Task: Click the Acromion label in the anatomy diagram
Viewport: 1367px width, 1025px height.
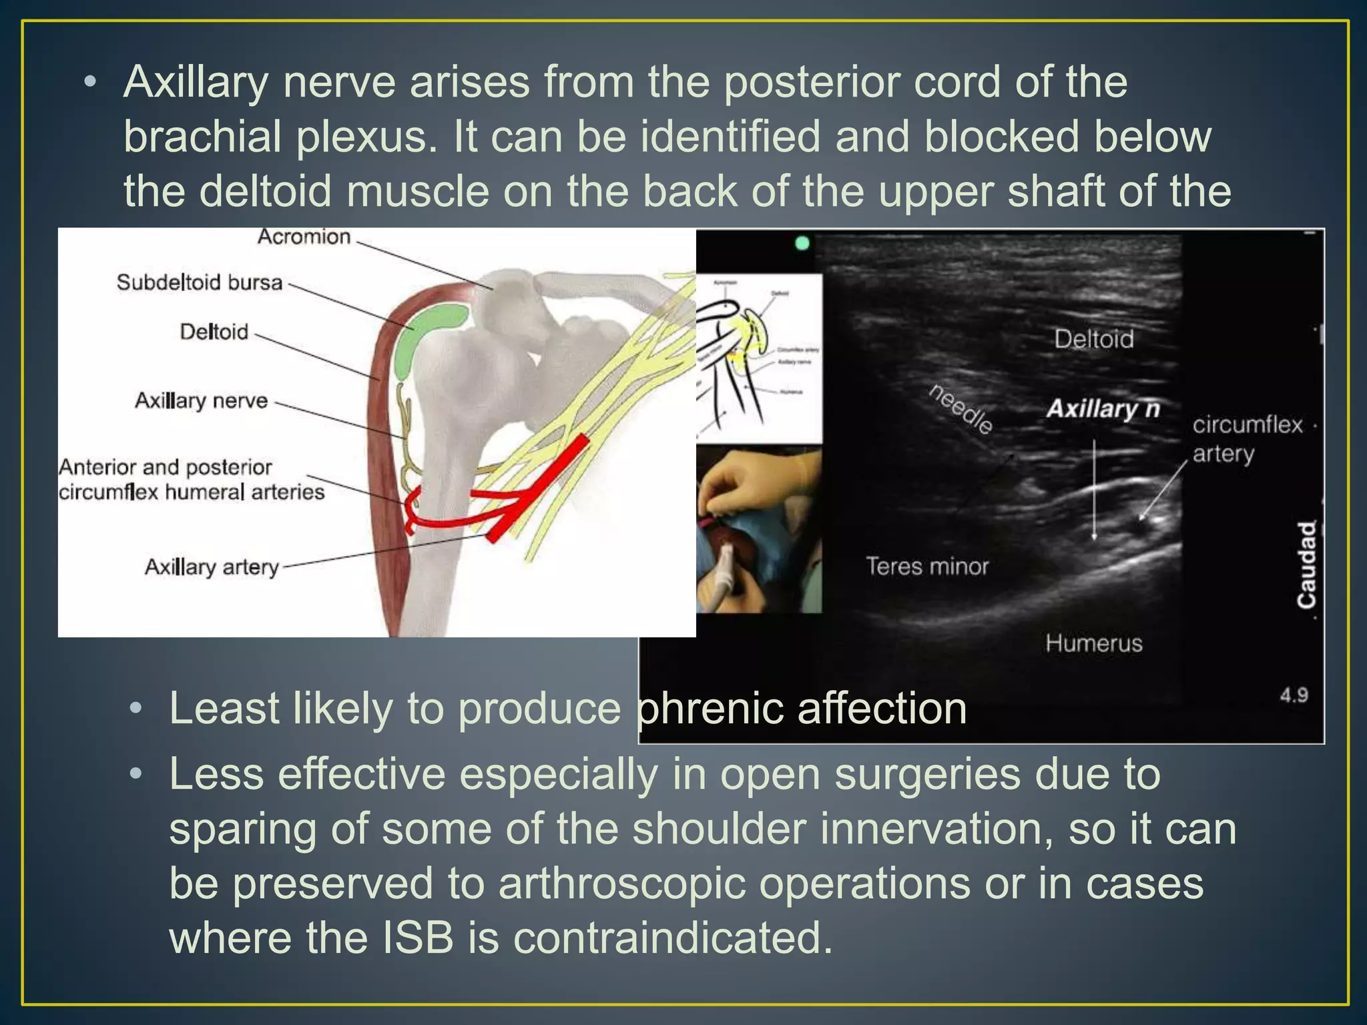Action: click(x=304, y=237)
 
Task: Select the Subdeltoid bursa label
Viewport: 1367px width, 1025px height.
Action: click(x=200, y=282)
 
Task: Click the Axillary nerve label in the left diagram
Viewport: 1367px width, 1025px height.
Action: click(x=201, y=400)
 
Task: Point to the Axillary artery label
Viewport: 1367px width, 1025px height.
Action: click(x=212, y=567)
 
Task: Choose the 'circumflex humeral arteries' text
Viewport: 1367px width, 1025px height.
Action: click(x=192, y=492)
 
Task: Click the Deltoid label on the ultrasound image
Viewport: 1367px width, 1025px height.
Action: click(x=1093, y=339)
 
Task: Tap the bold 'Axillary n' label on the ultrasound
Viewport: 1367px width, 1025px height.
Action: click(x=1103, y=408)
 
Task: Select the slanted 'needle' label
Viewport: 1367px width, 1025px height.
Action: click(x=961, y=408)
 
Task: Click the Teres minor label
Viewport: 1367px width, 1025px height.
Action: click(x=926, y=567)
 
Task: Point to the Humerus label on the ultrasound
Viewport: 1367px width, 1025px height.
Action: click(x=1093, y=643)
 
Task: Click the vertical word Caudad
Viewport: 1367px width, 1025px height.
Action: click(x=1306, y=565)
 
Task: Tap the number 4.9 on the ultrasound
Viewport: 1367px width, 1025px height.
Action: click(x=1294, y=695)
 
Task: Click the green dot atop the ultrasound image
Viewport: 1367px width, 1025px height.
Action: click(x=802, y=244)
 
